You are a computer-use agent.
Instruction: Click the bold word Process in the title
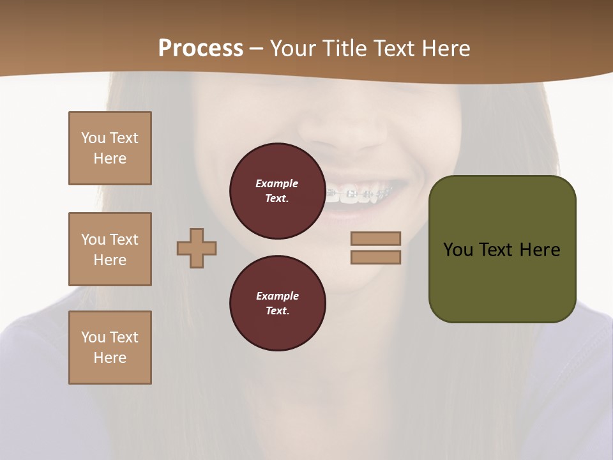[201, 49]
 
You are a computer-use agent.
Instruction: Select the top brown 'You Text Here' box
[110, 148]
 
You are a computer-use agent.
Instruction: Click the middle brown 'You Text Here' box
[110, 249]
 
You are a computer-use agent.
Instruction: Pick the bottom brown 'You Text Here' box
[110, 348]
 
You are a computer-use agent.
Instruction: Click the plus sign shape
[197, 248]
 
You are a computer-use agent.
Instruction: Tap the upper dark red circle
[277, 191]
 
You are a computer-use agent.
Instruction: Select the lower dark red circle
[277, 303]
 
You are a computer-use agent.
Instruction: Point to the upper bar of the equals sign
[375, 238]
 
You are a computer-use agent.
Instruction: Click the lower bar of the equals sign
[375, 257]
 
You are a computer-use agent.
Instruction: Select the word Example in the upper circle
[277, 183]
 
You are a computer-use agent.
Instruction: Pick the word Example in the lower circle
[277, 296]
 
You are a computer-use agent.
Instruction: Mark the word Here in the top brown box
[110, 158]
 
